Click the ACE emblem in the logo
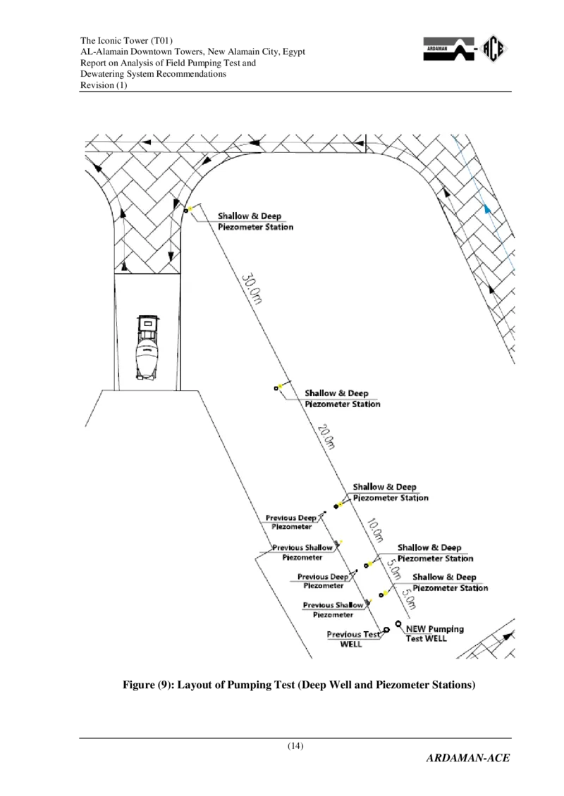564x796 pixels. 495,49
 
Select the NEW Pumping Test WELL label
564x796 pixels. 435,633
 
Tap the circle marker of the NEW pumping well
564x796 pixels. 399,623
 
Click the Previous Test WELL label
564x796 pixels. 355,639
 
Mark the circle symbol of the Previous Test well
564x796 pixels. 386,630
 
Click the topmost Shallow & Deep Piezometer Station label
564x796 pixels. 255,222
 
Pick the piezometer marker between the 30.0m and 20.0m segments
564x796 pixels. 276,388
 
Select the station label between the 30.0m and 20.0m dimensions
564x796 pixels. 342,399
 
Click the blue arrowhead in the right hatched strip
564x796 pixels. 486,209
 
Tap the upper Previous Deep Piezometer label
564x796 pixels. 291,522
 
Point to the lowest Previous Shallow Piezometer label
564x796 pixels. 333,609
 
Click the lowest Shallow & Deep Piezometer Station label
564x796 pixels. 450,582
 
